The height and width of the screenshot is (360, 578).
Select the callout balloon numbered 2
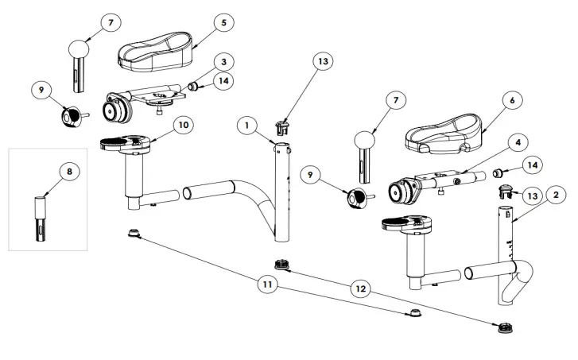(556, 194)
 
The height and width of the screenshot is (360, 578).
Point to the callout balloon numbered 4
(518, 141)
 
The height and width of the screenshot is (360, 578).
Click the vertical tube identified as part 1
(281, 191)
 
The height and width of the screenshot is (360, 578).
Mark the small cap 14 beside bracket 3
(193, 85)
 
